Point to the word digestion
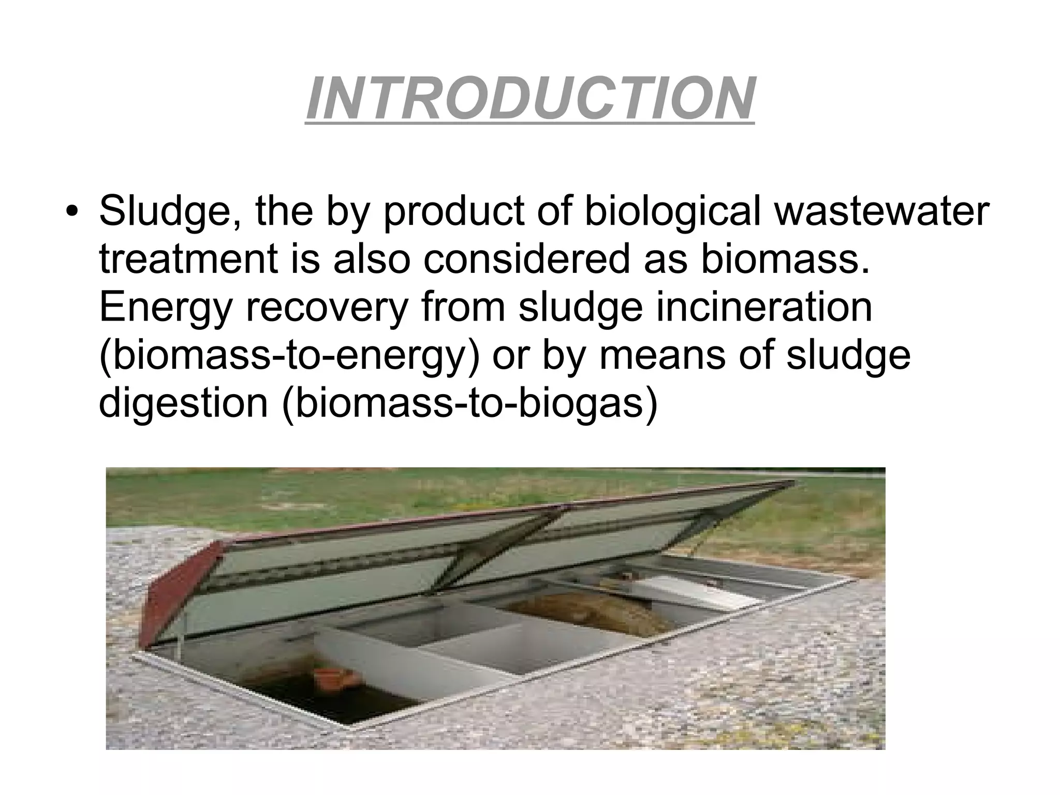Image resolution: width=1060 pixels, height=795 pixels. click(183, 404)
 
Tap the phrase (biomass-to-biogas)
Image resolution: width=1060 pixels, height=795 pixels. click(469, 404)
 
